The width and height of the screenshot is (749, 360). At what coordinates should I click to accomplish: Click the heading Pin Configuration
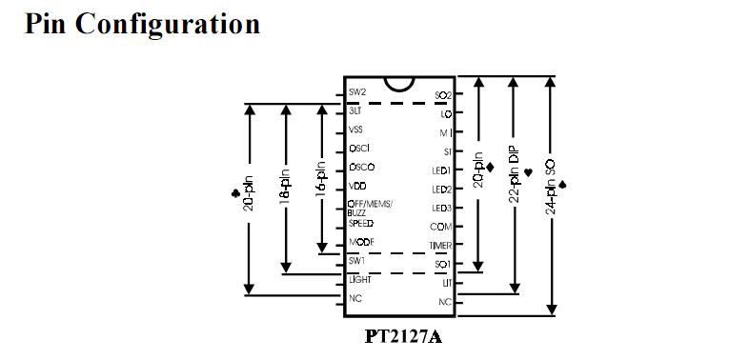pos(142,24)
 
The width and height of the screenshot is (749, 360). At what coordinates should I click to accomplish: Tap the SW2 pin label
pos(357,92)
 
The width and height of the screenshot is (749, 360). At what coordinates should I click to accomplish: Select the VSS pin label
pos(355,130)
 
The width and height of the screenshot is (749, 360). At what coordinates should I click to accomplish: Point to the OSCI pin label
pos(358,149)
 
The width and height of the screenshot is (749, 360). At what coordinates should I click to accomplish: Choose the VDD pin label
pos(356,187)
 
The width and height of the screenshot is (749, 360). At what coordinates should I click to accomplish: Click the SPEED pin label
pos(360,223)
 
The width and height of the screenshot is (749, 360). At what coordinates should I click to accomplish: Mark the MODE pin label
pos(361,242)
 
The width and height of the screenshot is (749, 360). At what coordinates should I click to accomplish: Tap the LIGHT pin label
pos(359,280)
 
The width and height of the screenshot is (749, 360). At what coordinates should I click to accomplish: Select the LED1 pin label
pos(440,171)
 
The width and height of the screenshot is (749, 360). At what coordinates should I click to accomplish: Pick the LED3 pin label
pos(440,208)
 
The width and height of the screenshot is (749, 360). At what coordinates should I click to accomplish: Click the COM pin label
pos(441,227)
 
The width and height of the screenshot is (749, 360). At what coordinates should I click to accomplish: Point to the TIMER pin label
pos(439,245)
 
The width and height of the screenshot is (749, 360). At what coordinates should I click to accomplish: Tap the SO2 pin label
pos(442,95)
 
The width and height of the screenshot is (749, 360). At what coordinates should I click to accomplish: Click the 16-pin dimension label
pos(322,176)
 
